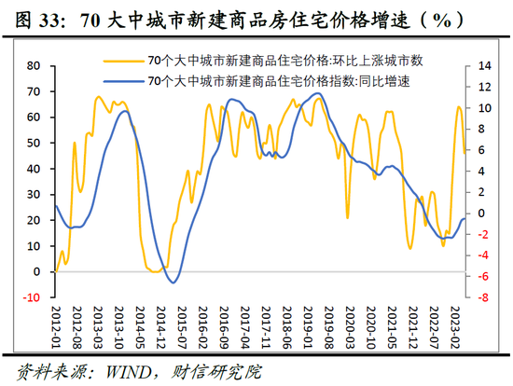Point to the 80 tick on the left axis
[x=35, y=65]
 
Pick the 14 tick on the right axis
[x=483, y=65]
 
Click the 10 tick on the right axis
[x=483, y=107]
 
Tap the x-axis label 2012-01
[x=58, y=327]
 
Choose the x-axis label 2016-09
[x=225, y=327]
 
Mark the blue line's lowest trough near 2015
[x=174, y=282]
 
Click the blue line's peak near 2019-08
[x=318, y=93]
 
